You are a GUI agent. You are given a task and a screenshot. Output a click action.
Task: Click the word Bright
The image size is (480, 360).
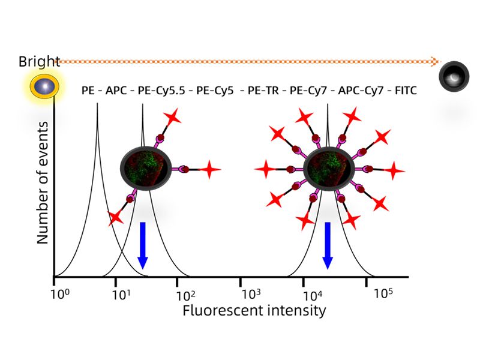38,61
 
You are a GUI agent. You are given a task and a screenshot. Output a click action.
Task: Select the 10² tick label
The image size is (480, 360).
187,295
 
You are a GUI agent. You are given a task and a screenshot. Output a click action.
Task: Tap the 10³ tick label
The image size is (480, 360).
251,295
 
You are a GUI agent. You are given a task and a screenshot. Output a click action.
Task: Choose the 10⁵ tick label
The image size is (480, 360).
383,293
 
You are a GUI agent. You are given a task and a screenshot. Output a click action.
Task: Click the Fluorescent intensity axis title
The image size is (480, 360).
254,311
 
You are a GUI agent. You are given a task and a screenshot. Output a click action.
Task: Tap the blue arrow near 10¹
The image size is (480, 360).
142,245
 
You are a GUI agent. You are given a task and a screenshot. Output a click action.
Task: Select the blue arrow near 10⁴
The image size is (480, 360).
327,245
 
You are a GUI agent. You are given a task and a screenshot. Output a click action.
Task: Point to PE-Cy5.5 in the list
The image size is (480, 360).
159,91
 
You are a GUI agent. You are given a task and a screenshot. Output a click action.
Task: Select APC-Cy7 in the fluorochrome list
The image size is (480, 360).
359,91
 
